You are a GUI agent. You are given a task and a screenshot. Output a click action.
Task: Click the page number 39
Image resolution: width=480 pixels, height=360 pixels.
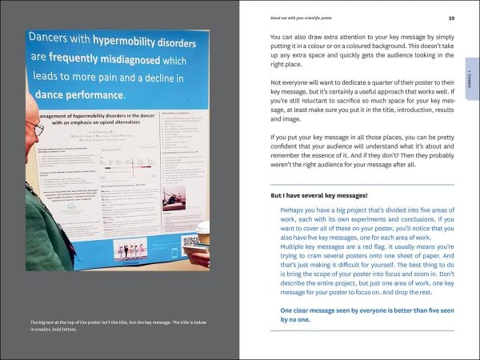tap(451, 18)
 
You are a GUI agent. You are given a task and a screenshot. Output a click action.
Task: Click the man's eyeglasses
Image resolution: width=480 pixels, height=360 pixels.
tap(34, 128)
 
